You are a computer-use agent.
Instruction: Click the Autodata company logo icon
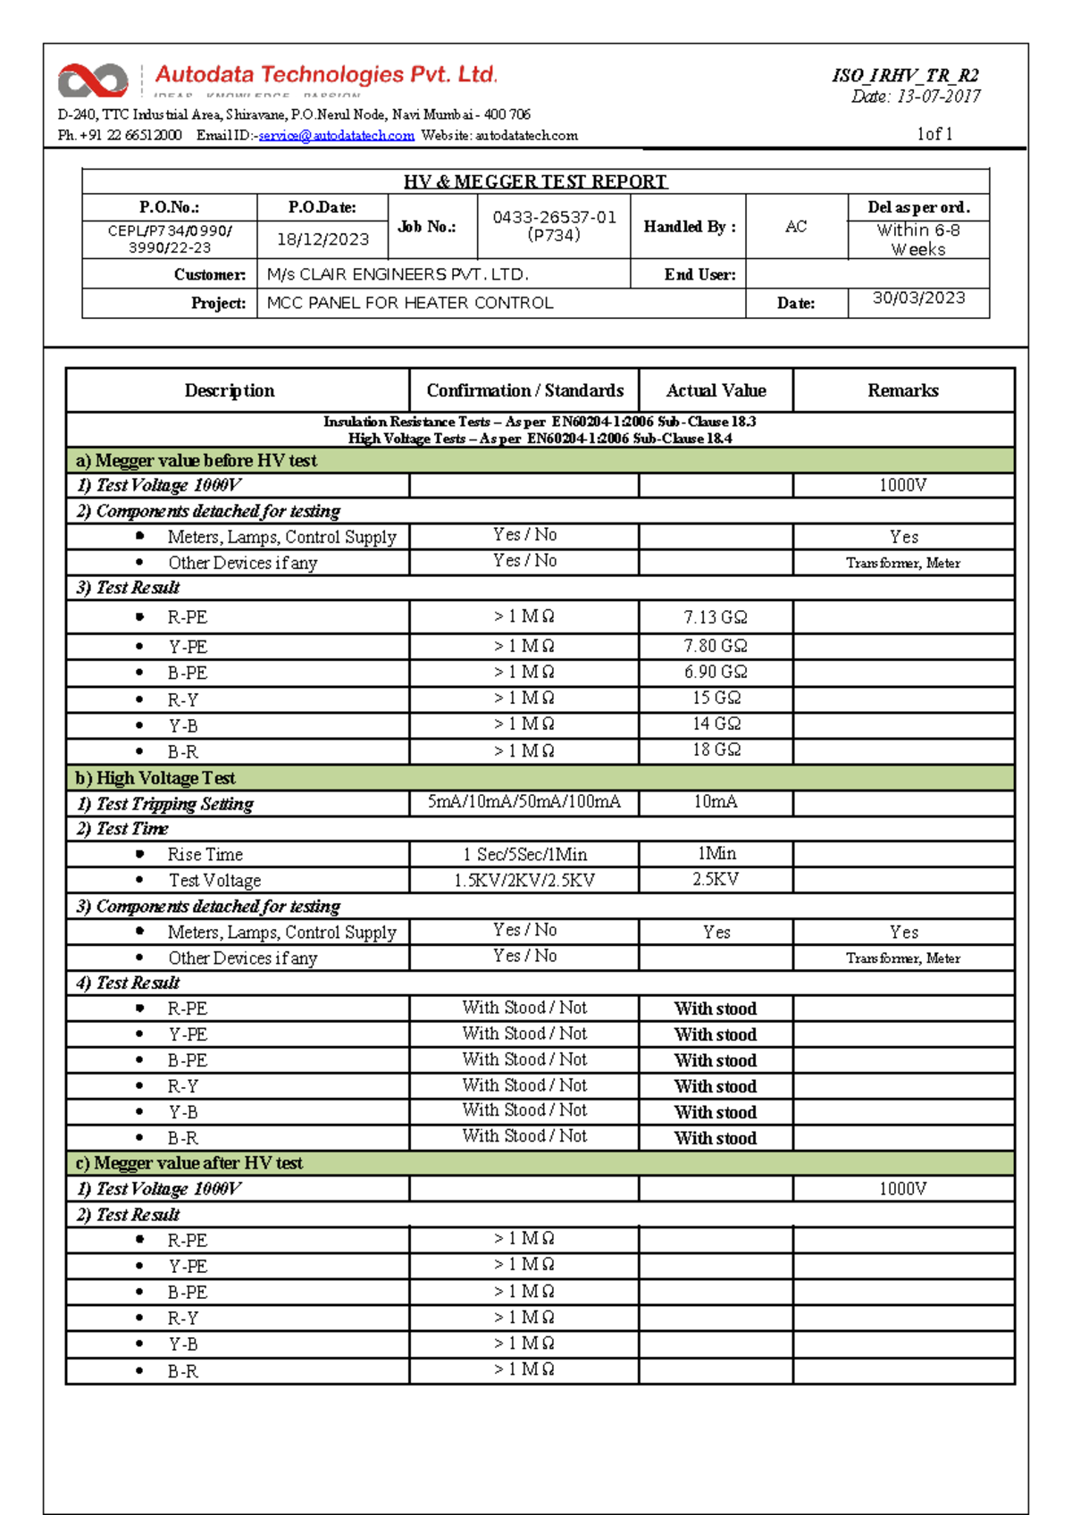click(92, 80)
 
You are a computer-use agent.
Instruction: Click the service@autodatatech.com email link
click(336, 136)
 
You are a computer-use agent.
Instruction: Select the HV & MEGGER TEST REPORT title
click(535, 181)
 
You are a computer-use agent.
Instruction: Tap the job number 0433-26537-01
click(554, 217)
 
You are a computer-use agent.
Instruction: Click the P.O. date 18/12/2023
click(322, 239)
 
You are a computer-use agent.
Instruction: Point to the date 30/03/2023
click(918, 298)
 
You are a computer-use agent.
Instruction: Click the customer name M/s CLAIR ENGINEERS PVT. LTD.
click(398, 274)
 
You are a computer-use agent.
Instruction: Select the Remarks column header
click(902, 390)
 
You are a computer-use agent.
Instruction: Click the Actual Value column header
click(716, 390)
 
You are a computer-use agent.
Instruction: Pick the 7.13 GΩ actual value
click(716, 617)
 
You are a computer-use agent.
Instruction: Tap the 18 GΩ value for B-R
click(716, 749)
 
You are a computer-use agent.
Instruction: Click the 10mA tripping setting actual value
click(716, 801)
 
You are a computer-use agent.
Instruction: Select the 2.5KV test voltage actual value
click(716, 879)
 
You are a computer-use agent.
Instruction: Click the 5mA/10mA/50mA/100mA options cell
click(523, 801)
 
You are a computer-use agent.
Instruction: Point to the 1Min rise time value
click(716, 853)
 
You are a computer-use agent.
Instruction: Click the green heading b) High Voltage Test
click(155, 777)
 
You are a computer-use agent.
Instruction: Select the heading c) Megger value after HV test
click(189, 1162)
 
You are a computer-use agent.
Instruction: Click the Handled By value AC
click(795, 227)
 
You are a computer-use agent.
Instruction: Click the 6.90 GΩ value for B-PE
click(716, 672)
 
